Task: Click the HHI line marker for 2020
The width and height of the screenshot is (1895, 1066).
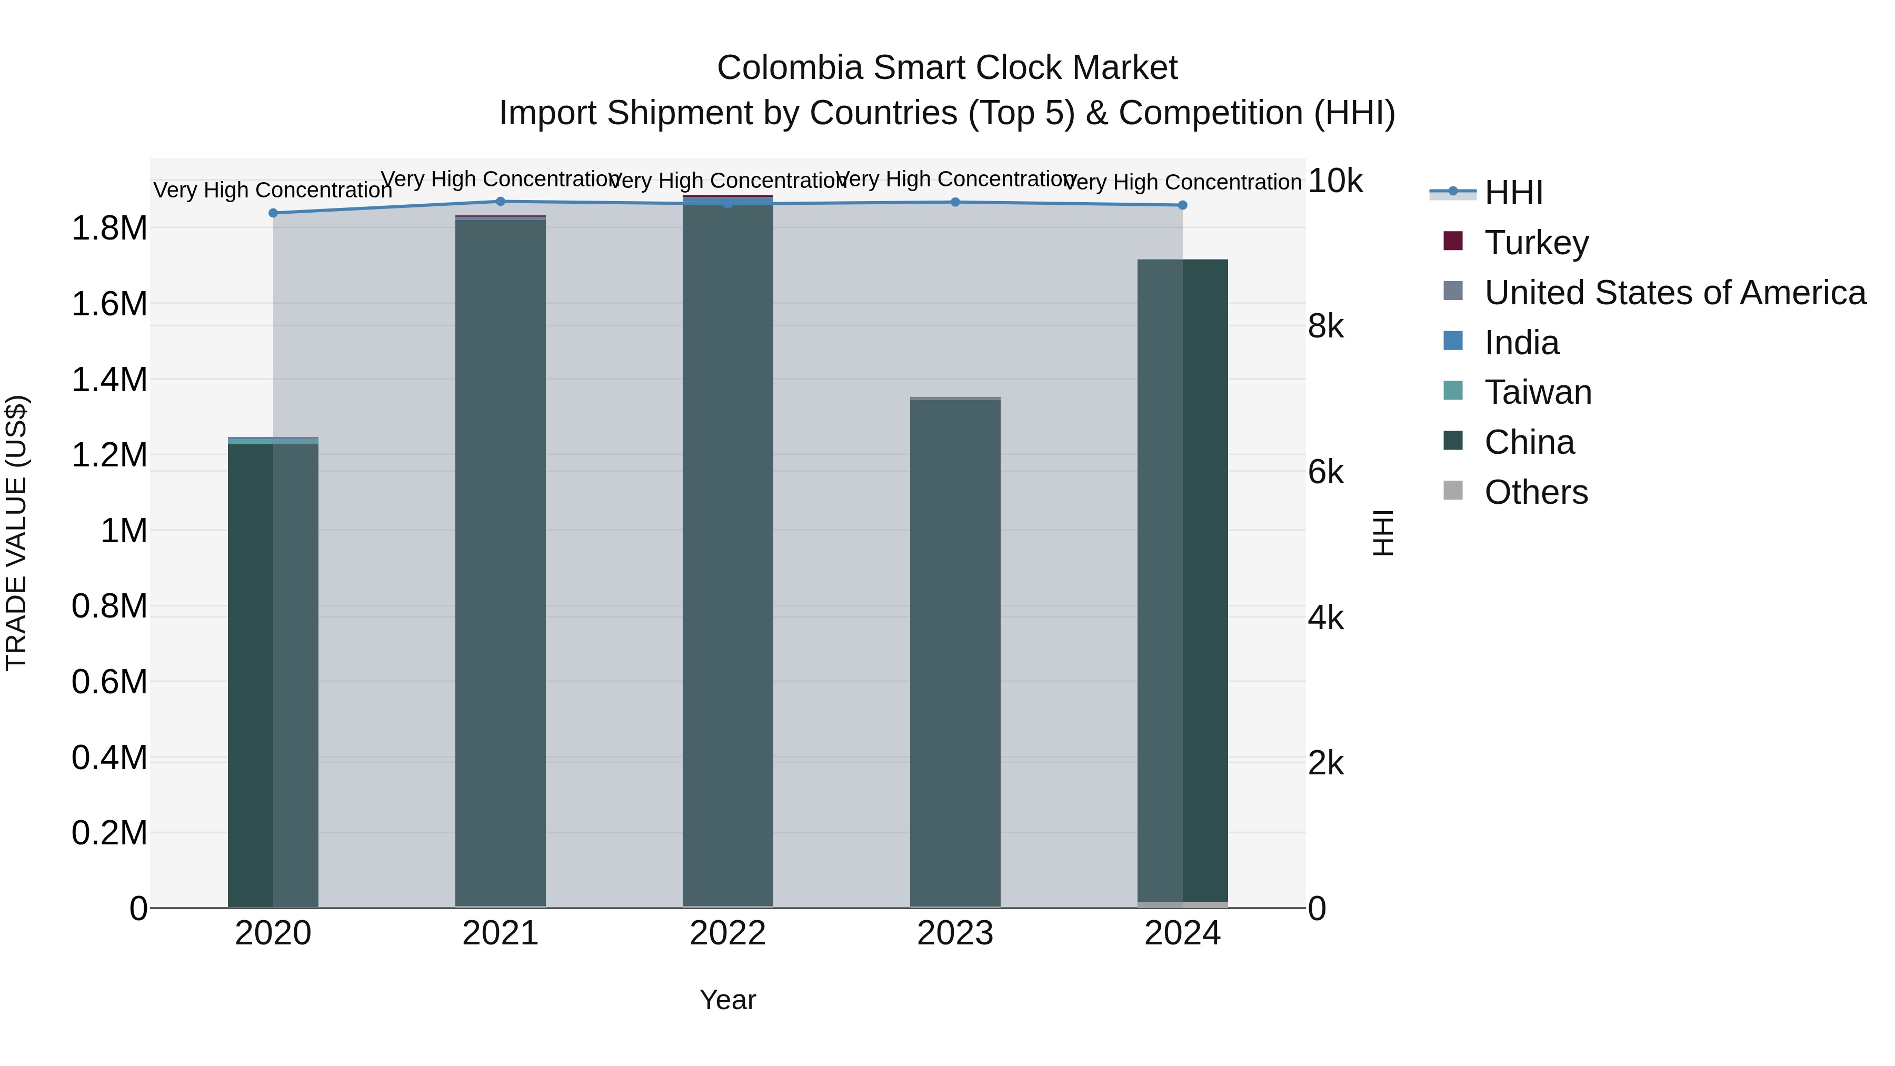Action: click(x=273, y=213)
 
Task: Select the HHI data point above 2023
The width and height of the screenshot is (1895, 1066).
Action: click(x=955, y=202)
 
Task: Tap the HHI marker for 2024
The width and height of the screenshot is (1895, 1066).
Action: click(x=1182, y=205)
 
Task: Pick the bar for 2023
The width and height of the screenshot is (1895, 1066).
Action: click(x=955, y=655)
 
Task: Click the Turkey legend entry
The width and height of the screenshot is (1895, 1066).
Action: click(x=1536, y=243)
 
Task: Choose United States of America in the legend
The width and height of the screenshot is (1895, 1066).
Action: click(x=1674, y=293)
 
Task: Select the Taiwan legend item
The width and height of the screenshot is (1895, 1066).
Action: click(x=1538, y=392)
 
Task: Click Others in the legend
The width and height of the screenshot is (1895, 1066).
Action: click(x=1535, y=492)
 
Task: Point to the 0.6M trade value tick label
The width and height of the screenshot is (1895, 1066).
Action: click(x=109, y=682)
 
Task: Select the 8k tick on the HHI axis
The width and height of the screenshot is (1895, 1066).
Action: click(x=1325, y=326)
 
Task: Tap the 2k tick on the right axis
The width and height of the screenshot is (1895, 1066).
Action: click(x=1325, y=764)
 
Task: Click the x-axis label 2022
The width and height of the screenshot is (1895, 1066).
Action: click(x=727, y=933)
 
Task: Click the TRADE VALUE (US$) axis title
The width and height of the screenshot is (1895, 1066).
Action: click(x=16, y=533)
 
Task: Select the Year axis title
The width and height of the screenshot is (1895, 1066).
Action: click(x=727, y=1000)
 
